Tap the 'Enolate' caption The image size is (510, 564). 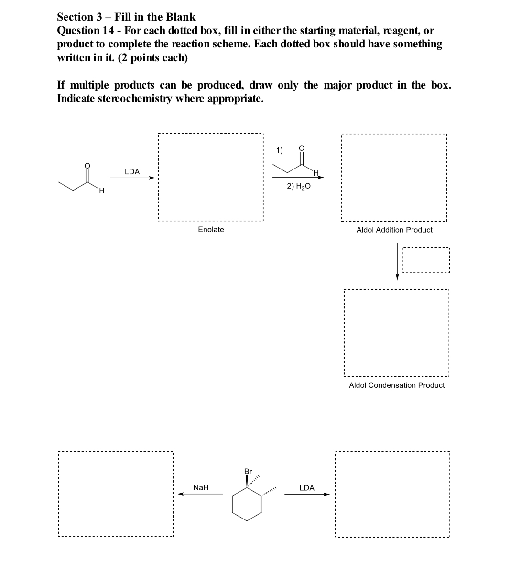point(211,230)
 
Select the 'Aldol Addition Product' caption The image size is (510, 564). point(394,230)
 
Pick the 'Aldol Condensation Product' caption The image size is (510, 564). point(397,385)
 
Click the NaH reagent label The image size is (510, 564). point(201,487)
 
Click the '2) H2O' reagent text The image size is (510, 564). point(299,186)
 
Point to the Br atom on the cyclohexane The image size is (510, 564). point(248,471)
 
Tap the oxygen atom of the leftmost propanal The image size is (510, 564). point(87,166)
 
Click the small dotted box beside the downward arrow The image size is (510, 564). point(426,260)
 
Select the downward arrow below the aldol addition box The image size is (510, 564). point(397,261)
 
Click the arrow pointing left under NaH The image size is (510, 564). point(201,495)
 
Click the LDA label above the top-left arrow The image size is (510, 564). point(132,171)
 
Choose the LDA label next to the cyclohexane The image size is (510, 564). point(306,488)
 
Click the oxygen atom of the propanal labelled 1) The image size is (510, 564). point(301,148)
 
